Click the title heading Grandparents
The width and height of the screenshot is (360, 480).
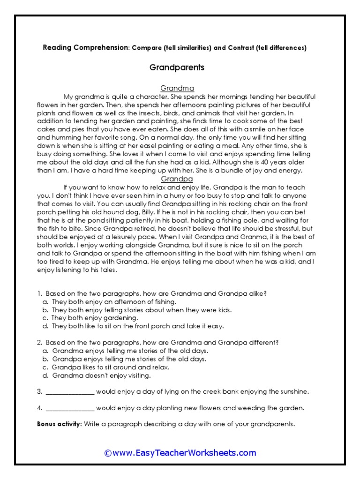[x=177, y=67]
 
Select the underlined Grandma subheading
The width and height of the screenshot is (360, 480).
[x=177, y=88]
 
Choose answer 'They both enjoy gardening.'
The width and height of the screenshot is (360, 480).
[x=95, y=318]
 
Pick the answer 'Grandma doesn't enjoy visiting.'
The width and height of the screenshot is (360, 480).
[x=102, y=375]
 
